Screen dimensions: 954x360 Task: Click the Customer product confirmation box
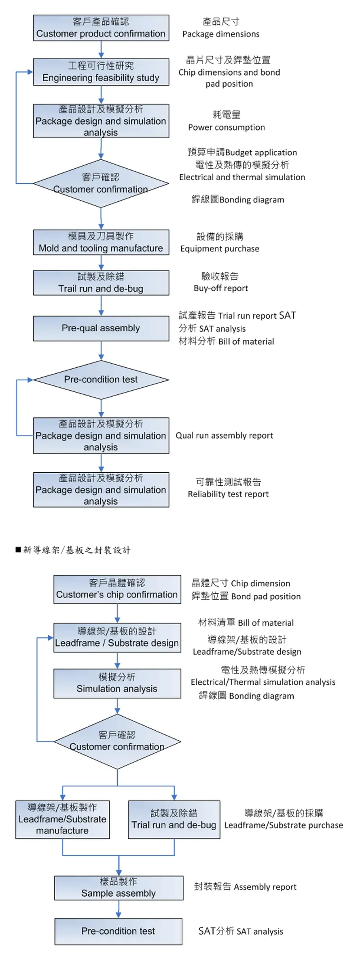click(x=101, y=28)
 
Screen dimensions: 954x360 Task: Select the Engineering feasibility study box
click(x=101, y=72)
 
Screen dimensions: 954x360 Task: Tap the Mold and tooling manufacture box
click(x=101, y=242)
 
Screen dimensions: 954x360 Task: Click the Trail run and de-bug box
click(x=101, y=283)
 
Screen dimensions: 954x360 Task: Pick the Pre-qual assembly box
click(x=101, y=328)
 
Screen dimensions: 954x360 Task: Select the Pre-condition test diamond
click(x=101, y=380)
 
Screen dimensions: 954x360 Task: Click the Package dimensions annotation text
click(x=220, y=34)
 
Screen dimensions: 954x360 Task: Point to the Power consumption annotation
click(x=226, y=127)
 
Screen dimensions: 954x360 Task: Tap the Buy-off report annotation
click(x=220, y=288)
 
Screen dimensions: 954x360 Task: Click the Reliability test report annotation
click(x=228, y=494)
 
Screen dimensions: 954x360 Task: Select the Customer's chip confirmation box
click(x=117, y=589)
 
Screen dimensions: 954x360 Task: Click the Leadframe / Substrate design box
click(x=117, y=638)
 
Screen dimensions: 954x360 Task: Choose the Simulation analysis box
click(x=117, y=683)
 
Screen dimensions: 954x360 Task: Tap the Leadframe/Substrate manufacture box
click(x=62, y=819)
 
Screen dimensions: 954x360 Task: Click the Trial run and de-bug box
click(x=174, y=819)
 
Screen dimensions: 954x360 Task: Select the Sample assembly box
click(x=118, y=888)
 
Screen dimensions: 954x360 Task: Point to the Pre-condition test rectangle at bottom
click(x=118, y=931)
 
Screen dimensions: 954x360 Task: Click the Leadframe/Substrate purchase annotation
click(x=283, y=825)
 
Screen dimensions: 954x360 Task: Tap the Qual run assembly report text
click(x=224, y=435)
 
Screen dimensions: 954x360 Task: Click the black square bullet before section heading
click(x=18, y=550)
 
